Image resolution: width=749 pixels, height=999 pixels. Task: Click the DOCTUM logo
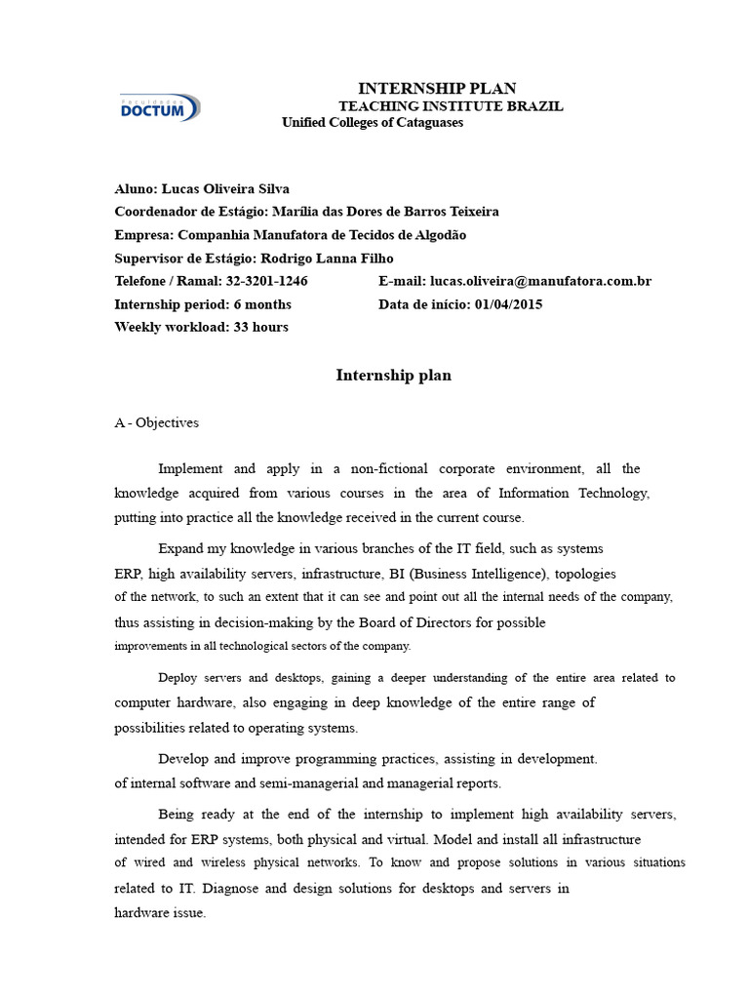[159, 107]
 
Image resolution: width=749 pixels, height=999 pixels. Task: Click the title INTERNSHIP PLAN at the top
[437, 89]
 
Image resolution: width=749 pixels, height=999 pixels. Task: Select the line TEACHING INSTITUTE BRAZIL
[450, 105]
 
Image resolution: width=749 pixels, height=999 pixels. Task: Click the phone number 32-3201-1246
[267, 281]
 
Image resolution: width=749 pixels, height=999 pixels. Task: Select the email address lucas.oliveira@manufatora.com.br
[540, 281]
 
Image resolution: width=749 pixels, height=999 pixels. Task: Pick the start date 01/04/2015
[508, 304]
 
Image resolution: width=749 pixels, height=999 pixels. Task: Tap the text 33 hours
[260, 327]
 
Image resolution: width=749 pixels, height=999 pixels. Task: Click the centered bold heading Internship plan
[393, 376]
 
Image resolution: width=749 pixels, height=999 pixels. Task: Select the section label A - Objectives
[156, 422]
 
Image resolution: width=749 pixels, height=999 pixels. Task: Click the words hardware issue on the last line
[160, 913]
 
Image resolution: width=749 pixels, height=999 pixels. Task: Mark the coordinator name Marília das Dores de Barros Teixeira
[385, 212]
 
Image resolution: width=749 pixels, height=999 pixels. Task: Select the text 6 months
[261, 304]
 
